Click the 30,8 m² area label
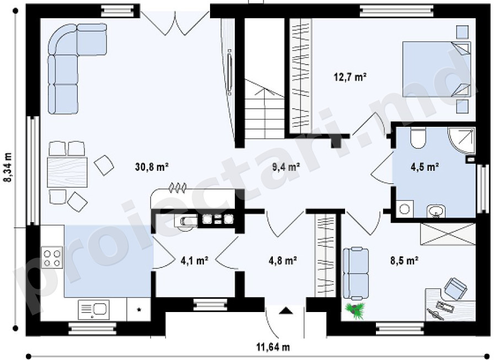click(152, 166)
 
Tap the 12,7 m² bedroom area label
click(350, 77)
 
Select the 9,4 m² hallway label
click(286, 166)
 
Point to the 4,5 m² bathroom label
click(424, 166)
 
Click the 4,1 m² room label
click(194, 261)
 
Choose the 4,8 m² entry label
click(282, 261)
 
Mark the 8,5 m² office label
click(405, 261)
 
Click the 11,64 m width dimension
click(273, 347)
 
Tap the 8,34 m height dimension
click(7, 168)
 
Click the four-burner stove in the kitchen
click(52, 257)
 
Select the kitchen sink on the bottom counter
click(94, 309)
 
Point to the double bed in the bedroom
click(436, 69)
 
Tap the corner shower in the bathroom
click(461, 140)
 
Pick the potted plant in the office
click(356, 310)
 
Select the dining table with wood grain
click(67, 172)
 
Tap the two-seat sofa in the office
click(356, 273)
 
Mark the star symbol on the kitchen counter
click(139, 309)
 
